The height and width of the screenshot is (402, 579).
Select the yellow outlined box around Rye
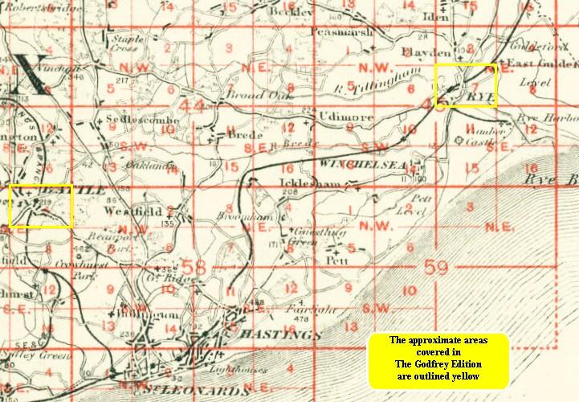tap(466, 86)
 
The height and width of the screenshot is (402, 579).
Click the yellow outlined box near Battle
tap(42, 206)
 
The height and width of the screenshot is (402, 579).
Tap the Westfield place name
tap(133, 211)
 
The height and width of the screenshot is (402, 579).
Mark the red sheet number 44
tap(193, 105)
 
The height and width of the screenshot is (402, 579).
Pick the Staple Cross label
tap(129, 42)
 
